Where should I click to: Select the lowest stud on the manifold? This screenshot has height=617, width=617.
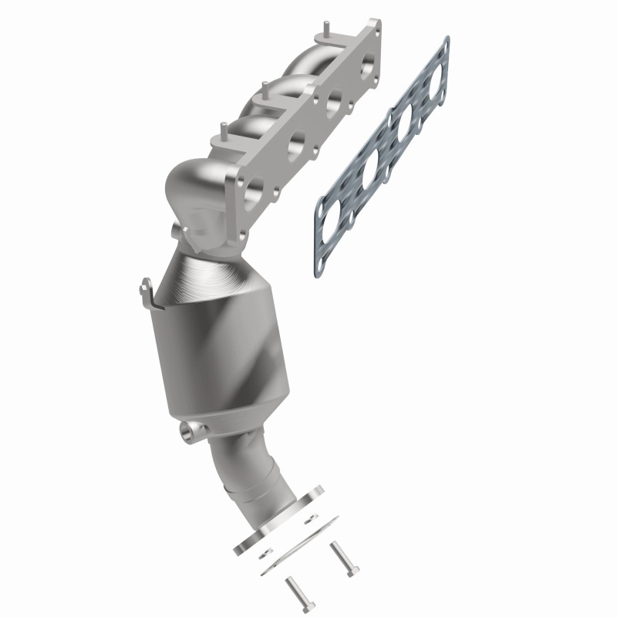[224, 128]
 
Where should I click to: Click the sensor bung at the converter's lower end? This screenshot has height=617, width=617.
[187, 433]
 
